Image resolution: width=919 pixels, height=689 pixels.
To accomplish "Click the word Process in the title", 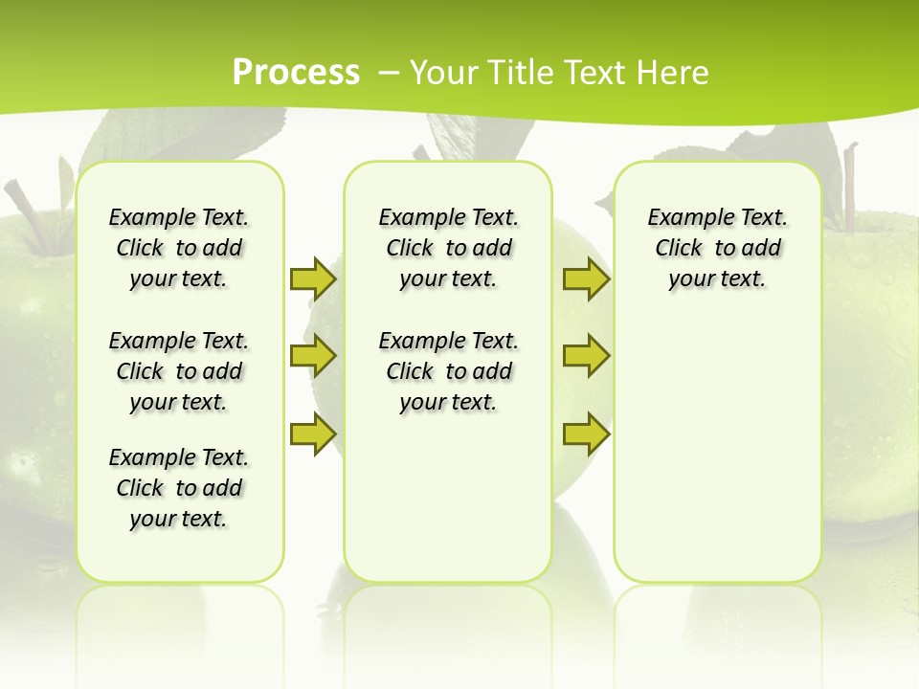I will pos(296,72).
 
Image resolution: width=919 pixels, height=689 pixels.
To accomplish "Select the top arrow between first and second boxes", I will pos(312,278).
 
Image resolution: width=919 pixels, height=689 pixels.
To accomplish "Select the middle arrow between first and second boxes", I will pos(312,356).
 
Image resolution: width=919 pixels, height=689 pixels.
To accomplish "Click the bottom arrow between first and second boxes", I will pos(312,433).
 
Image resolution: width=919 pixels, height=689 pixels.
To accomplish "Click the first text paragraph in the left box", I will pos(179,248).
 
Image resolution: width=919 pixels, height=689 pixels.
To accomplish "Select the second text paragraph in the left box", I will pos(179,371).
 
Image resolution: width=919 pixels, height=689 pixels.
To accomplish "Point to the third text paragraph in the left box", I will pos(179,488).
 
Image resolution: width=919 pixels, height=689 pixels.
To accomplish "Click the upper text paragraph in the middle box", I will pos(448,248).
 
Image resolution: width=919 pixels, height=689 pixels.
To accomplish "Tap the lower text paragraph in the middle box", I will pos(448,371).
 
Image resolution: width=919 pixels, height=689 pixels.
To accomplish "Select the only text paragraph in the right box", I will pos(717,248).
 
